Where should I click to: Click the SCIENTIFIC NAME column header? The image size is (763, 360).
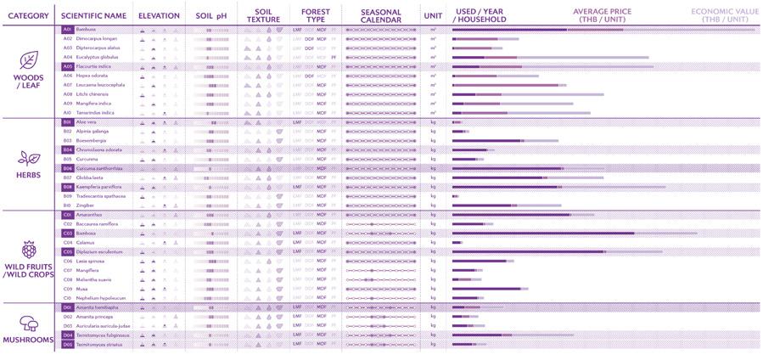click(93, 15)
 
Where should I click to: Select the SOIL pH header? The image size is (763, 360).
click(211, 15)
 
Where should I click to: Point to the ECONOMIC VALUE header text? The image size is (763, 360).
click(723, 15)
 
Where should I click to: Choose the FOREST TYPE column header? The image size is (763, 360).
click(316, 15)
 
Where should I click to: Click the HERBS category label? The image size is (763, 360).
click(28, 174)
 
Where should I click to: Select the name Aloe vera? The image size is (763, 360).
click(86, 122)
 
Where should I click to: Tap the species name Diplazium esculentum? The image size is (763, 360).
click(98, 251)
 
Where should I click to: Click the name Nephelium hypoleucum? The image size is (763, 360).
click(100, 297)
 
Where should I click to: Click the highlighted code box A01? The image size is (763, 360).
click(67, 30)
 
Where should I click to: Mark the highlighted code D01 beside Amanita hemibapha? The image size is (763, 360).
click(67, 307)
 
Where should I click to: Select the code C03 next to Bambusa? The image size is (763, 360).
click(67, 233)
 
